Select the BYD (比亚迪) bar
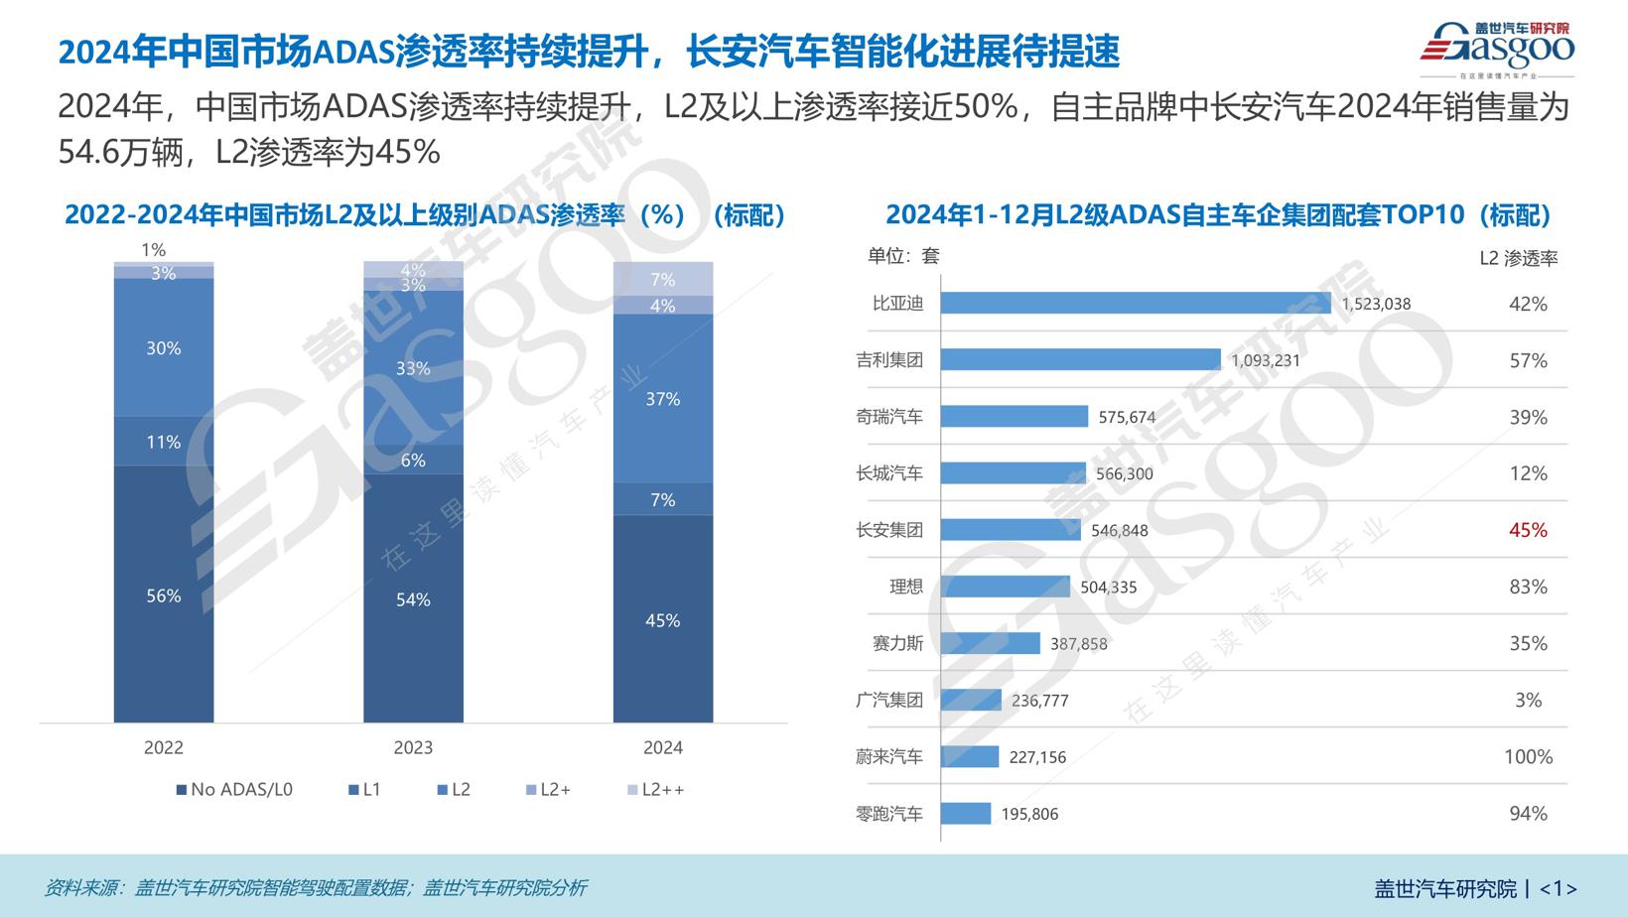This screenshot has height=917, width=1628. point(1135,303)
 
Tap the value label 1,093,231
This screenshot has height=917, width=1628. point(1265,360)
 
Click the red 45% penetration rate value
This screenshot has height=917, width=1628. point(1528,530)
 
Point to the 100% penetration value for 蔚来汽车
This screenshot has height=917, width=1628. point(1528,757)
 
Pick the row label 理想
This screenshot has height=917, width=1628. point(905,587)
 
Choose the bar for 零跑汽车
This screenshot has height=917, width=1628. point(965,814)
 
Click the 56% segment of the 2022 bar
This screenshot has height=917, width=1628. point(164,594)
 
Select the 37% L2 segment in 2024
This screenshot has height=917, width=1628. point(662,399)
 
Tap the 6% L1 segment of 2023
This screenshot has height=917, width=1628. point(413,459)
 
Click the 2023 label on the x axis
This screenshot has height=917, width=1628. point(413,748)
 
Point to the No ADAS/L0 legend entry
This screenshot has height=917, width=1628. point(234,790)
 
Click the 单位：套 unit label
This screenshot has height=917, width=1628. point(902,256)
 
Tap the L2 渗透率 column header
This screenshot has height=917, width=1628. point(1518,259)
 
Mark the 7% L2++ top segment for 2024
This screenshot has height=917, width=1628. point(662,279)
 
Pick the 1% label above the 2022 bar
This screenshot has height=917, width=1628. point(153,250)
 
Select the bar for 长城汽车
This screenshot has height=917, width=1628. point(1013,473)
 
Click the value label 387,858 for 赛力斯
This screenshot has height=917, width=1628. point(1078,644)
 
